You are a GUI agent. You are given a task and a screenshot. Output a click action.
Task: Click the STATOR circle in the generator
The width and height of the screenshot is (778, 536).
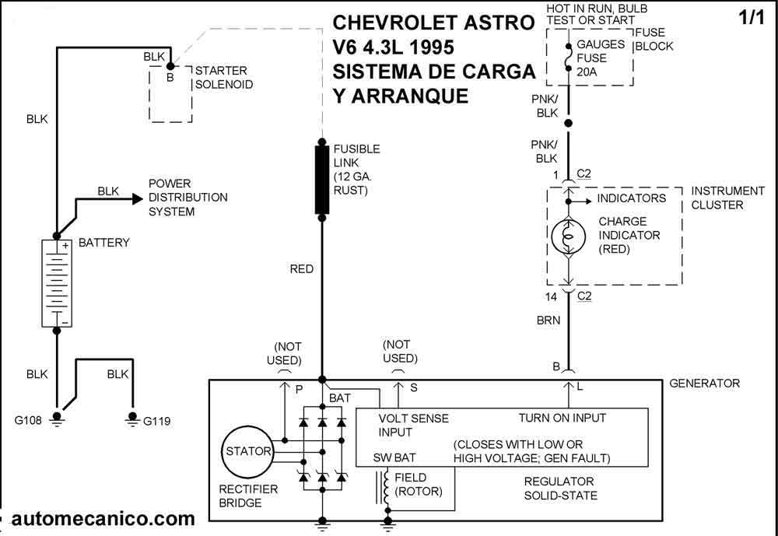[x=248, y=452]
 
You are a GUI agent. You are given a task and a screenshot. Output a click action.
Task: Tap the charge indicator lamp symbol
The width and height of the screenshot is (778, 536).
[x=569, y=236]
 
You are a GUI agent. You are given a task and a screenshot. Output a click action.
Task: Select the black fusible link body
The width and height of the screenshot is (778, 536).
[x=322, y=179]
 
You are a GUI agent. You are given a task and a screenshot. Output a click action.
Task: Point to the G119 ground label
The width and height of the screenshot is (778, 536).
[x=157, y=422]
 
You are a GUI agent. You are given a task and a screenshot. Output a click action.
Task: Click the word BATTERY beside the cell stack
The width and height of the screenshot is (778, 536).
[x=104, y=243]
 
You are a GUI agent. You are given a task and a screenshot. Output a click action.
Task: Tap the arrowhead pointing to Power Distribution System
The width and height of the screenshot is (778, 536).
[x=138, y=199]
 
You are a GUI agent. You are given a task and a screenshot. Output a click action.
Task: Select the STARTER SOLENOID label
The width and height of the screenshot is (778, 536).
[x=224, y=78]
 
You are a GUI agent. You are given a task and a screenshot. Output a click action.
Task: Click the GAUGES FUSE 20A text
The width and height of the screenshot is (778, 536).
[x=601, y=58]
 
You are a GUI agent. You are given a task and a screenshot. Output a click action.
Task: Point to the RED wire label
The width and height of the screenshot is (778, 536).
[x=302, y=269]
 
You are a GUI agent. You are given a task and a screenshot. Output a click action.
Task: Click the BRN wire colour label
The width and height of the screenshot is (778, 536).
[x=548, y=321]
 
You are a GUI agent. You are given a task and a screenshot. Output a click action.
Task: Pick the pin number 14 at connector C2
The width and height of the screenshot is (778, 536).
[x=552, y=297]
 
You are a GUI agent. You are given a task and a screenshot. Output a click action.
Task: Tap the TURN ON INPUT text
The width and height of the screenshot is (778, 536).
[x=562, y=418]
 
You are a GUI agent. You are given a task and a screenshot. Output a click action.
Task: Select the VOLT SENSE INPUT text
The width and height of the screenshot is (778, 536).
[x=413, y=426]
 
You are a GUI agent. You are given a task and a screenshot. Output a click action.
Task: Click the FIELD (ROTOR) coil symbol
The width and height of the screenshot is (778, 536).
[x=386, y=489]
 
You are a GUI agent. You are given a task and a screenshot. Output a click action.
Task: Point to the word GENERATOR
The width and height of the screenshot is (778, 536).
[x=705, y=384]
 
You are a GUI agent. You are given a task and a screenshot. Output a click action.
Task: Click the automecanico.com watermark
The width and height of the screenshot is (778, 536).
[x=103, y=519]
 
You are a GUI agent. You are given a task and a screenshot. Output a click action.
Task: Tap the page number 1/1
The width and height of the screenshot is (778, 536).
[x=752, y=18]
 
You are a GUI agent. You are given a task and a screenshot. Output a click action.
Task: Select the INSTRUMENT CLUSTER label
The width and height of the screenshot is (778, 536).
[x=728, y=198]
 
